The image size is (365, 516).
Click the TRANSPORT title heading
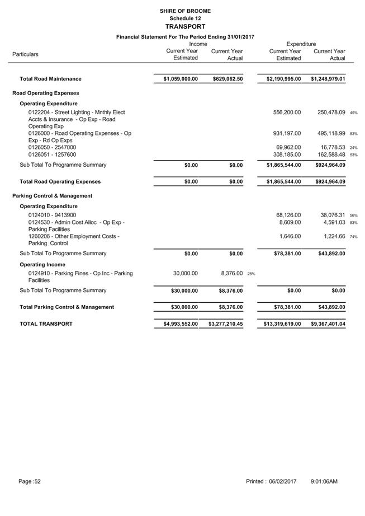[185, 26]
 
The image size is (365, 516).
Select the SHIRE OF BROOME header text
[185, 11]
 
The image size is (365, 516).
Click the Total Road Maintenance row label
[50, 79]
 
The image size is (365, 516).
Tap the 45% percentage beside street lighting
[353, 113]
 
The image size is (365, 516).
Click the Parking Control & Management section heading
[52, 196]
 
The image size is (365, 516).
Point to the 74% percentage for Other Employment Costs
[353, 237]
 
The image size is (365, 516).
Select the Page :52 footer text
[30, 481]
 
